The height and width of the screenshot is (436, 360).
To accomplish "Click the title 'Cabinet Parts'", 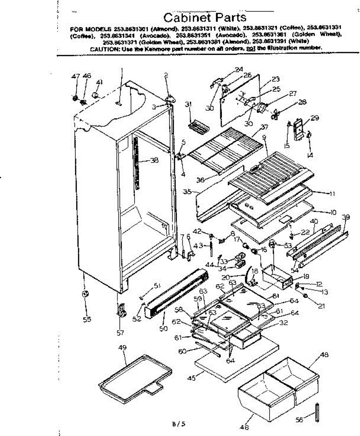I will [x=205, y=17].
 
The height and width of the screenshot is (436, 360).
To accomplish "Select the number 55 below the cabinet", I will [x=87, y=320].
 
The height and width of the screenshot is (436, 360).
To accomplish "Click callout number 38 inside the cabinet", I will [x=154, y=160].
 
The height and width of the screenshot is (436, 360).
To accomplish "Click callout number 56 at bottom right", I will [x=299, y=420].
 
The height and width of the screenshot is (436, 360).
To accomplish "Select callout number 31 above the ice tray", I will [x=188, y=105].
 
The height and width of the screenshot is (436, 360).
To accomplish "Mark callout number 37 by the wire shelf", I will [x=264, y=126].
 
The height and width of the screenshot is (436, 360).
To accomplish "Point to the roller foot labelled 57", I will [x=121, y=311].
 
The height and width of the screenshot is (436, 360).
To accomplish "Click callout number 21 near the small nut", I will [x=321, y=306].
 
